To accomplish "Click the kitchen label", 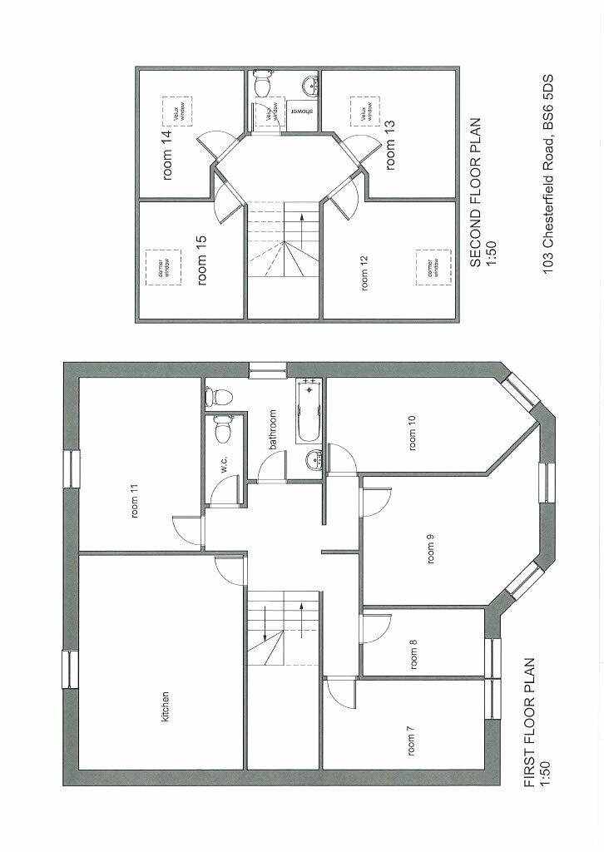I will point(166,707).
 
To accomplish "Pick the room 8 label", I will point(413,655).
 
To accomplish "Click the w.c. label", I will point(225,466).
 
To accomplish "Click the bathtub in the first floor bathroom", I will point(308,413).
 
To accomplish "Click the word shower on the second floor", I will point(299,112).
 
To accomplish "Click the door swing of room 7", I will point(339,689).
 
